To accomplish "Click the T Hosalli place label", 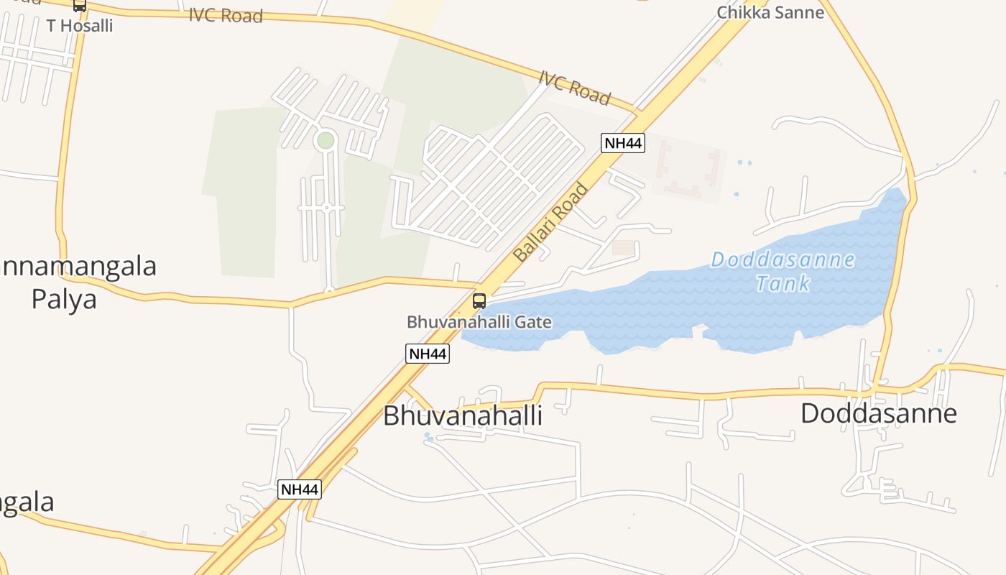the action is point(80,25).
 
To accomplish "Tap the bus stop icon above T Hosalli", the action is point(79,5).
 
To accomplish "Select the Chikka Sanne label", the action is point(770,11).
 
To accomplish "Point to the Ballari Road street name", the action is point(551,222).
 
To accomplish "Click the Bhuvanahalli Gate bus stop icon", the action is point(479,301).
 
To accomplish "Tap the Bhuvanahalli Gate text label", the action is point(479,321).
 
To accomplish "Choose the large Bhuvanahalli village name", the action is point(462,415).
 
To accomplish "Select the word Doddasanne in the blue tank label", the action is point(783,259).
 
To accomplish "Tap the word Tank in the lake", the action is point(783,283).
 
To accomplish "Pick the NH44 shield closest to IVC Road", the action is point(622,143).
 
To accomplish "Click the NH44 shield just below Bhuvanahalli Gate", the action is point(428,353).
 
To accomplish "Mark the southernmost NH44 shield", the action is point(299,489).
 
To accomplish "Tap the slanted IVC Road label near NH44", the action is point(575,88).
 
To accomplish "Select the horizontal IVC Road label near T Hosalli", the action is point(226,15).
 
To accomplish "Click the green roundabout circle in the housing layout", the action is point(326,140).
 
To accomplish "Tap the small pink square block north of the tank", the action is point(623,247).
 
